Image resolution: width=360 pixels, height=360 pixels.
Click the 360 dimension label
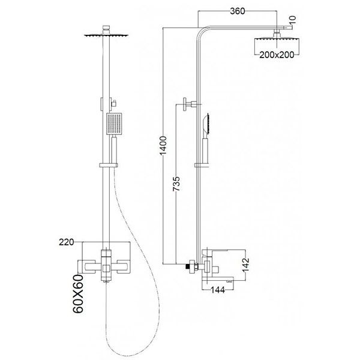click(238, 11)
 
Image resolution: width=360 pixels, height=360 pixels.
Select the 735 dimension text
click(176, 184)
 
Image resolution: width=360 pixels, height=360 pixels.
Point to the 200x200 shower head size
click(277, 55)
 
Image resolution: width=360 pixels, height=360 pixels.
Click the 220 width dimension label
click(67, 242)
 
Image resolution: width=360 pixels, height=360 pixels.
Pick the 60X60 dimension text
click(78, 293)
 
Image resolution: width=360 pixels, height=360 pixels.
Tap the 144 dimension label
click(218, 290)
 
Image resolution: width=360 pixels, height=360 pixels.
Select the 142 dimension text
click(246, 265)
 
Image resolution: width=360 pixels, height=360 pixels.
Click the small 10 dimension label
click(293, 20)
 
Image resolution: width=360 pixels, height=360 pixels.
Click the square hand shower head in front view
click(114, 124)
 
